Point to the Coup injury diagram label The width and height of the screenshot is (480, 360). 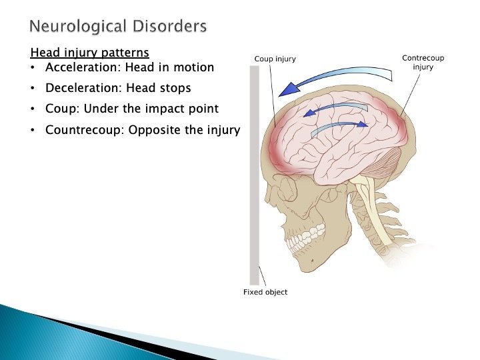(x=275, y=59)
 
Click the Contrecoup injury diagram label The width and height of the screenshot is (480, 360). (x=423, y=63)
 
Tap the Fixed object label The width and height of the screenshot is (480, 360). (x=265, y=293)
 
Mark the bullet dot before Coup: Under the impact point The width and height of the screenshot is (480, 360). (x=33, y=109)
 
